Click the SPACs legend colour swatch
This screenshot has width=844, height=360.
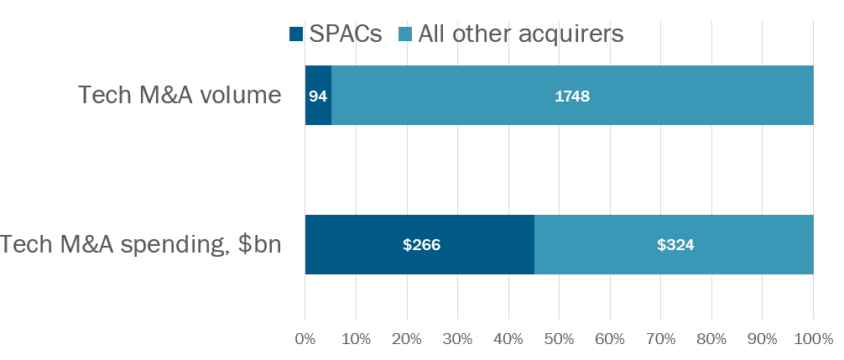(295, 34)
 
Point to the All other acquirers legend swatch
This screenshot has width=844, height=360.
(404, 34)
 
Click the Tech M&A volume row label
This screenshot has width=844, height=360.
(180, 96)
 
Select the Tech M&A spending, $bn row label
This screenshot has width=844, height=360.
(141, 244)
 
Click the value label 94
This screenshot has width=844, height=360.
(318, 97)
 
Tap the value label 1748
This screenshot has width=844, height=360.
(572, 97)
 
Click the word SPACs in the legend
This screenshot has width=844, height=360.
(345, 34)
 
